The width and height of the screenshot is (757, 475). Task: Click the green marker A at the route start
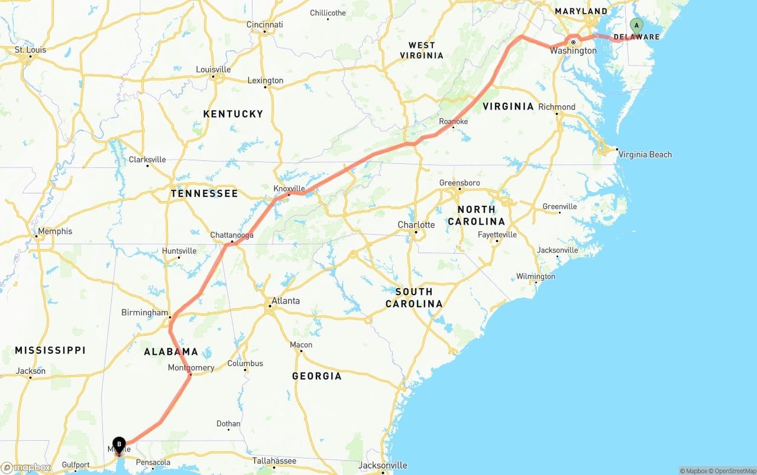coord(636,25)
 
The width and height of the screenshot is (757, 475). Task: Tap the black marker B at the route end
coord(119,444)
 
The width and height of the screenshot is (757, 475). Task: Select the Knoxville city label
coord(289,189)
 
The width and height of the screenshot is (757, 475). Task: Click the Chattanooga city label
coord(232,235)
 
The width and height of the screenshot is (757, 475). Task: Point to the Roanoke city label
coord(453,122)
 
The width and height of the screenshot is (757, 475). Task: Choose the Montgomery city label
coord(191,368)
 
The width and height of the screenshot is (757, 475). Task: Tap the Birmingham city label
coord(145,312)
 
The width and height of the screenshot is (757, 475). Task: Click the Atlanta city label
coord(286,301)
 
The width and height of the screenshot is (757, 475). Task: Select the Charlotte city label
coord(416,225)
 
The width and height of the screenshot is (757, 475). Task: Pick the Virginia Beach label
coord(645,154)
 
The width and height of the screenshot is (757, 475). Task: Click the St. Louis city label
coord(30,50)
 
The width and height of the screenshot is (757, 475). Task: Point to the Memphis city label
coord(54,231)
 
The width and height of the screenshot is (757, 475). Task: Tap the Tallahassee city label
coord(274,460)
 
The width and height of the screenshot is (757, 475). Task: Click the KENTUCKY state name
coord(233,114)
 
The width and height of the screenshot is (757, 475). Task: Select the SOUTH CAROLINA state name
coord(414,298)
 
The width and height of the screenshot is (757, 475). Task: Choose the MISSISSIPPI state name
coord(50,350)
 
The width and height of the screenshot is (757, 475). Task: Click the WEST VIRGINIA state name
coord(422,50)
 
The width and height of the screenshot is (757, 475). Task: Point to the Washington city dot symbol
coord(573,42)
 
